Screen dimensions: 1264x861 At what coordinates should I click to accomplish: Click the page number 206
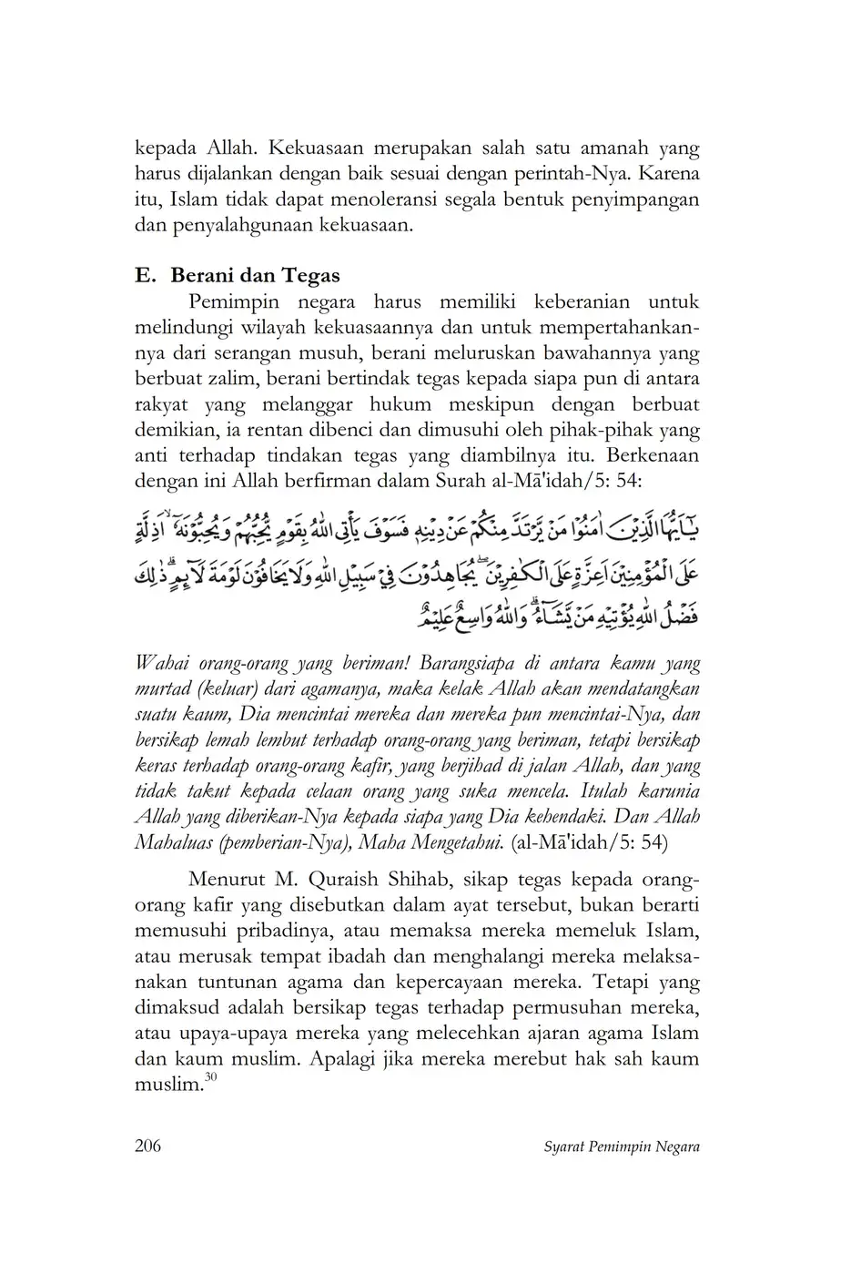[x=147, y=1146]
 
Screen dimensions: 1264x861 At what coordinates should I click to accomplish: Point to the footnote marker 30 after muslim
[x=210, y=1078]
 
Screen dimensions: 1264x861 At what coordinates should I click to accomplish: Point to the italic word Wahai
[x=161, y=663]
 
